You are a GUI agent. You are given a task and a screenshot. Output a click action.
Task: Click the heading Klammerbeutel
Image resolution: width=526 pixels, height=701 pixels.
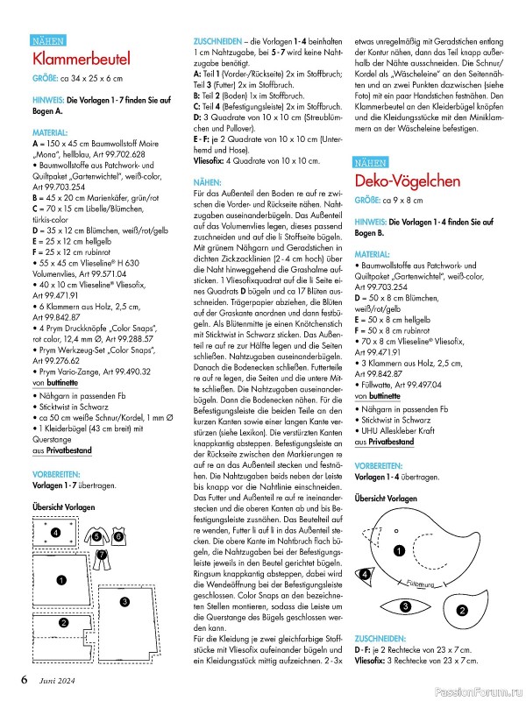click(82, 60)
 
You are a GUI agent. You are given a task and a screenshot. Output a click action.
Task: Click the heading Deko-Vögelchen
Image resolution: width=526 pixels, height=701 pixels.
click(408, 181)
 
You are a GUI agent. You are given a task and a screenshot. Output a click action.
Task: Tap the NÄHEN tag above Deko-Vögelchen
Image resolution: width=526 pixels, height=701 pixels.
click(374, 162)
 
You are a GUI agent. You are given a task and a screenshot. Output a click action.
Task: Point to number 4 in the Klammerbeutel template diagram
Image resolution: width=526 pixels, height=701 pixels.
click(55, 533)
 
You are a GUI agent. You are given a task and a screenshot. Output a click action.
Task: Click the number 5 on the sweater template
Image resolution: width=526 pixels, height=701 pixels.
click(96, 536)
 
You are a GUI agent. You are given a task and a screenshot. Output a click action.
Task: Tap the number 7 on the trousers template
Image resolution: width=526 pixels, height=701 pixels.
click(103, 555)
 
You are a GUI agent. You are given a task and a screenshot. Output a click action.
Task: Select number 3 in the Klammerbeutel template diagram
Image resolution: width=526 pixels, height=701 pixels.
click(125, 601)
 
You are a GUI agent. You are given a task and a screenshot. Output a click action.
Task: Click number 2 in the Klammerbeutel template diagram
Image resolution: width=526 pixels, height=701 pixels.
click(62, 622)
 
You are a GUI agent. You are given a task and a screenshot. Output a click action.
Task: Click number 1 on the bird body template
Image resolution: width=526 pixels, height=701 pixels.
click(398, 551)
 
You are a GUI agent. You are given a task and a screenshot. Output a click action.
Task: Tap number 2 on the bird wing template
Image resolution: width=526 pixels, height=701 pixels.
click(462, 610)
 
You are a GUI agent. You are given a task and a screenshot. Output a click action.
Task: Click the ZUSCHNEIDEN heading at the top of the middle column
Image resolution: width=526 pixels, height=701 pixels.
click(219, 41)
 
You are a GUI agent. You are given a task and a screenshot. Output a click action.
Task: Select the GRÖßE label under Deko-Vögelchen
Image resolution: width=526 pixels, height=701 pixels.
click(368, 201)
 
